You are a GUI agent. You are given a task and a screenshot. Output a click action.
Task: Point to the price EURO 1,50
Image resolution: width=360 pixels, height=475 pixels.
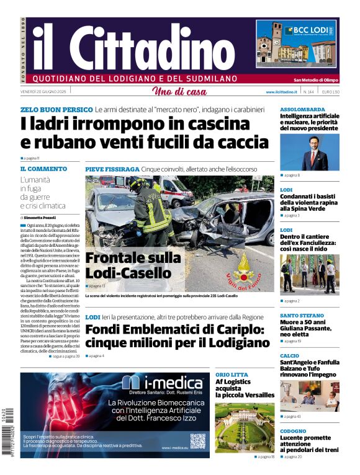coord(330,92)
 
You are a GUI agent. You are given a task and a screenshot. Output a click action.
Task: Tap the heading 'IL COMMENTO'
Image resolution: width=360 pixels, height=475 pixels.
coord(43,169)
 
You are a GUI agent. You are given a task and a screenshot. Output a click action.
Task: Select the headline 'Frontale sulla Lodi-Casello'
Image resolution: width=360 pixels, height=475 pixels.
coord(133,265)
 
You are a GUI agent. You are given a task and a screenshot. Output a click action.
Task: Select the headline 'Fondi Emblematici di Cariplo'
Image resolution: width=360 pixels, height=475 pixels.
coord(178,336)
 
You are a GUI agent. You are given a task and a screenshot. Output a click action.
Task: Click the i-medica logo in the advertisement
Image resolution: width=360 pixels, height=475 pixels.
coord(148,383)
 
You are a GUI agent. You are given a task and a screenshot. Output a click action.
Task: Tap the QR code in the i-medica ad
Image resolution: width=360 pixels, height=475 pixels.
coord(197,441)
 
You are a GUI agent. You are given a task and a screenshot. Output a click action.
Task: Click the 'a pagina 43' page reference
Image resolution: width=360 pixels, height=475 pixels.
coord(292,417)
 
